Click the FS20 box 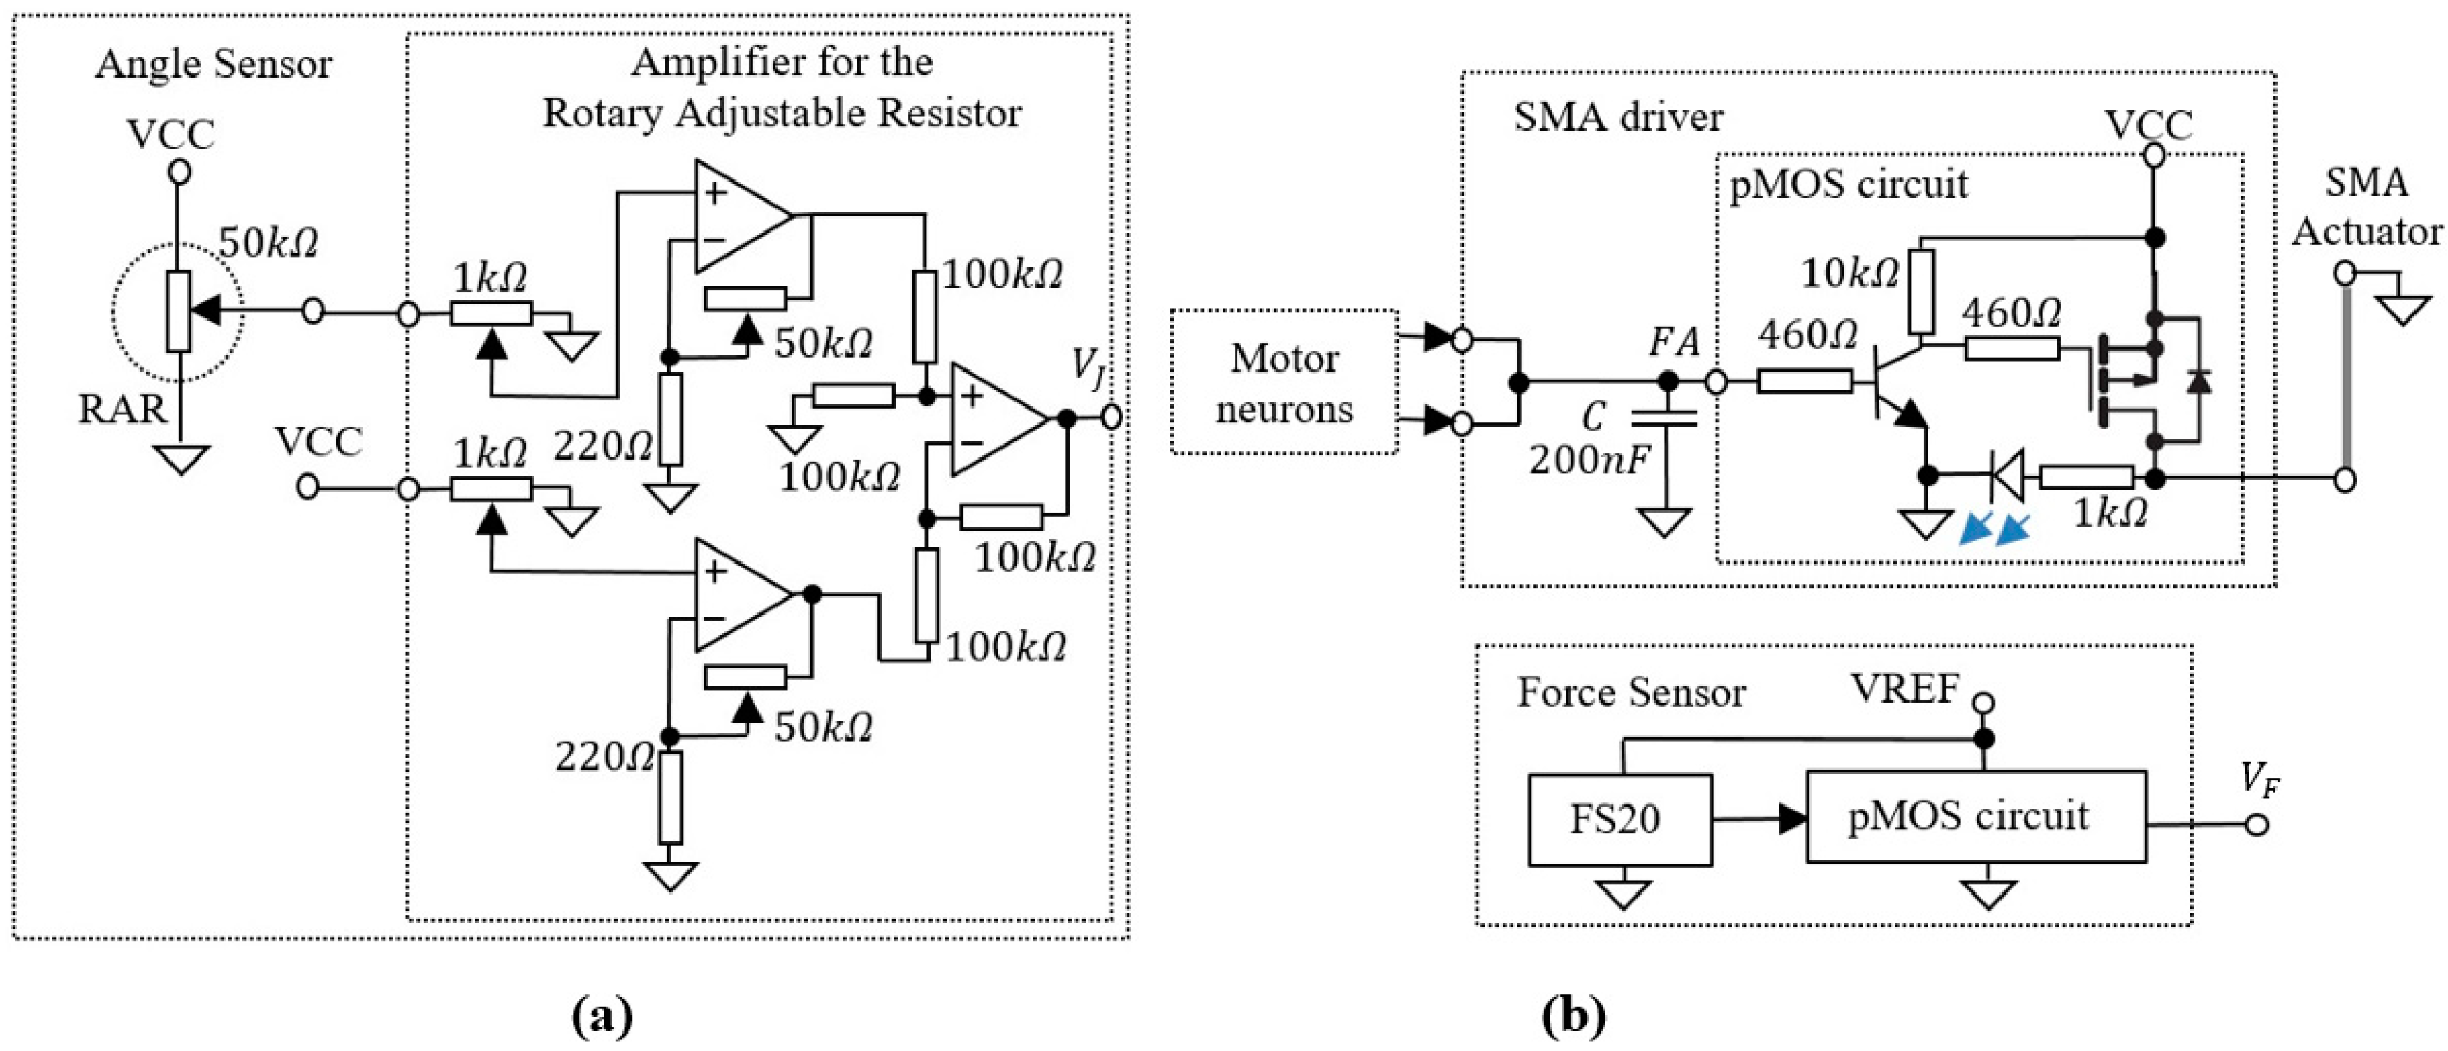coord(1619,820)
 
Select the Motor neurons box coord(1284,383)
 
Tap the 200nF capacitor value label coord(1589,460)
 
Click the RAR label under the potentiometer coord(122,409)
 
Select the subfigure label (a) coord(602,1016)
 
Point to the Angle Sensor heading coord(214,65)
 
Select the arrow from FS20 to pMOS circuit coord(1758,818)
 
